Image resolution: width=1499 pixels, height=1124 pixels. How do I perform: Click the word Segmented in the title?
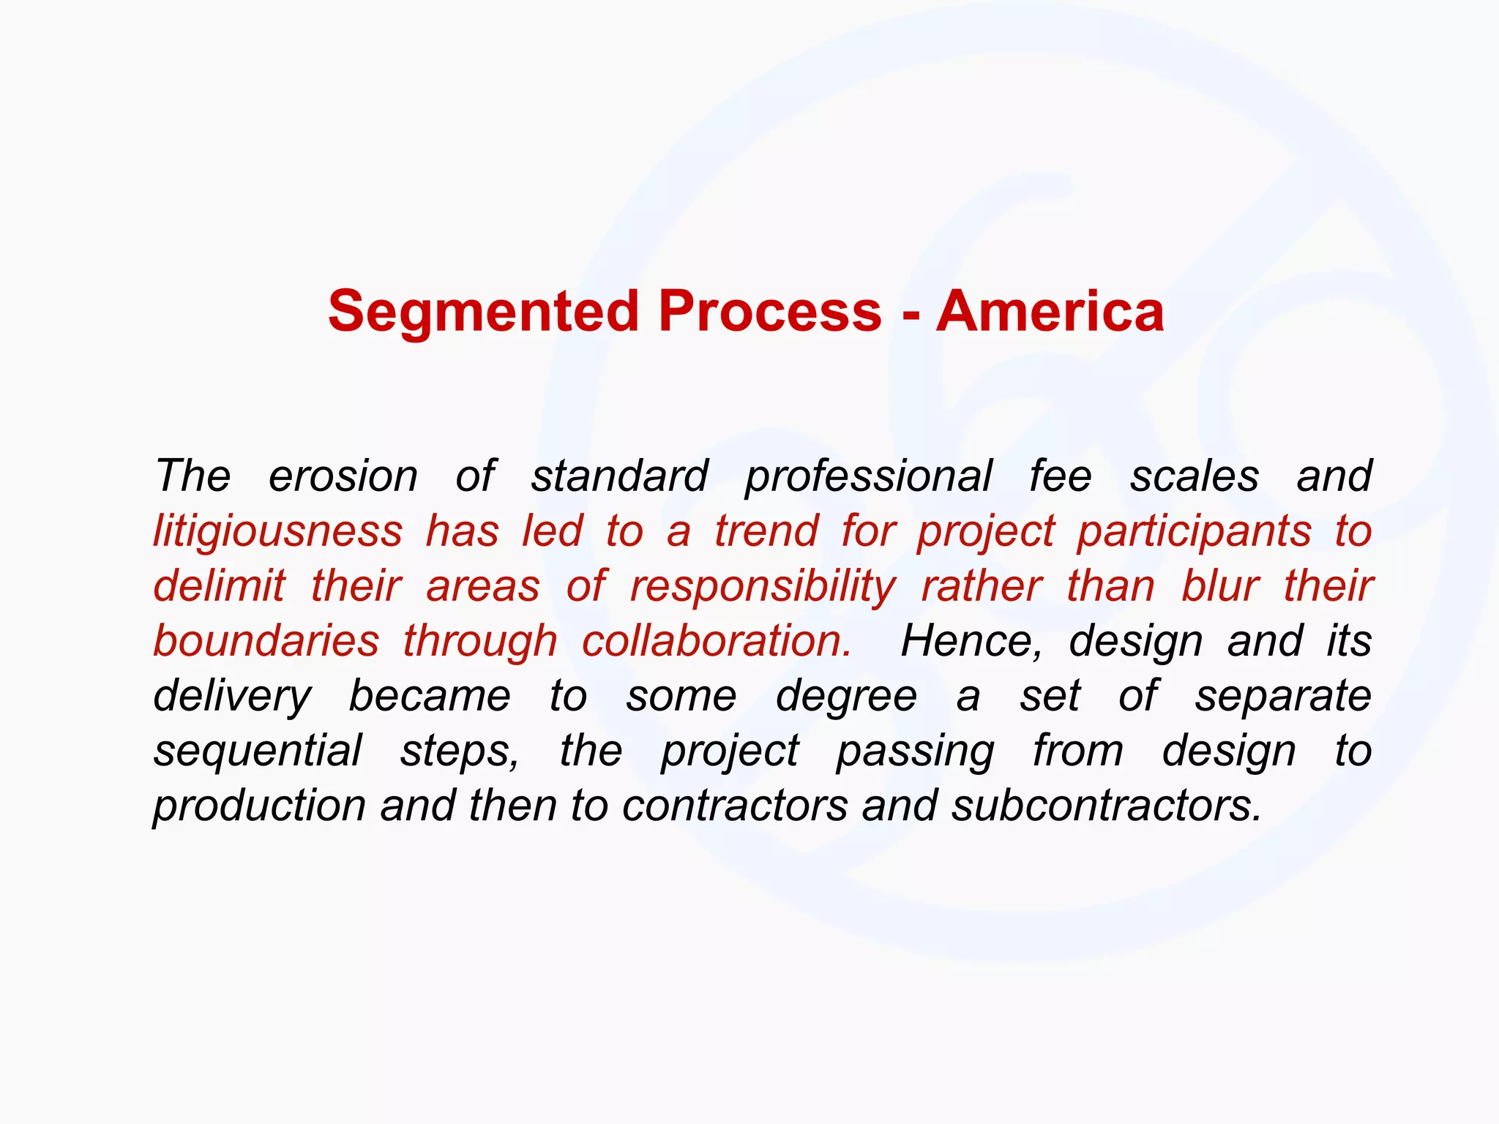coord(483,312)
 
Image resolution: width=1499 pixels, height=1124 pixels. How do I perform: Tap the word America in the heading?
coord(1050,312)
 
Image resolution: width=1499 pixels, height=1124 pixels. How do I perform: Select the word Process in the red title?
coord(770,312)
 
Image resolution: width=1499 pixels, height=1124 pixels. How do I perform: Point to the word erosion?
coord(343,476)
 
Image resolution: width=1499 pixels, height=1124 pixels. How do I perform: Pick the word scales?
coord(1195,476)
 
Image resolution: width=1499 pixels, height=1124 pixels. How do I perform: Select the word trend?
coord(766,531)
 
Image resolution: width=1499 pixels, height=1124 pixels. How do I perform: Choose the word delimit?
coord(219,586)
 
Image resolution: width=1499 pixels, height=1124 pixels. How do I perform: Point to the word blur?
coord(1220,586)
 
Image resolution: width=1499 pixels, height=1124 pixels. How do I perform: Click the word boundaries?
coord(266,641)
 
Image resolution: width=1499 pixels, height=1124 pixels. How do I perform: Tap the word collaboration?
coord(717,641)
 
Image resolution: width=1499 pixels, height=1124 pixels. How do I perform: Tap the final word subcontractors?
coord(1107,806)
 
